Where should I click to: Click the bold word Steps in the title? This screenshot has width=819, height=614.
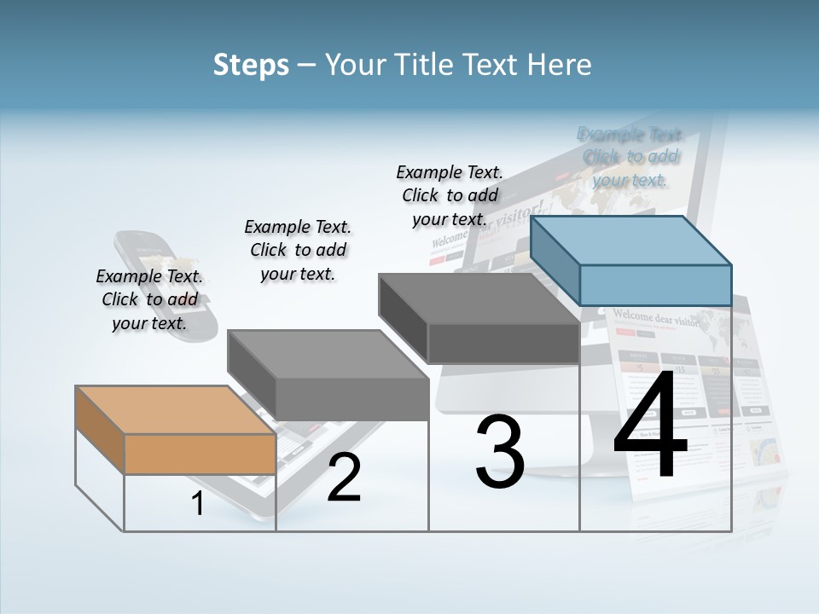(x=251, y=65)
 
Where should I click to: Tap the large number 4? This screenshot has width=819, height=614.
(x=650, y=426)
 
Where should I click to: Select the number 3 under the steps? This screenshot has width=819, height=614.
(x=500, y=452)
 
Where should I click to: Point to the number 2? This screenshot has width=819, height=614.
(x=344, y=478)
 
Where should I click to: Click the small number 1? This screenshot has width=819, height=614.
(x=197, y=504)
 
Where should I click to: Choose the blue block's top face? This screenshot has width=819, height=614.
(x=631, y=240)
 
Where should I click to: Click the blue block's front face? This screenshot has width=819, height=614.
(x=655, y=285)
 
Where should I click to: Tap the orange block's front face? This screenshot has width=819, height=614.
(x=200, y=454)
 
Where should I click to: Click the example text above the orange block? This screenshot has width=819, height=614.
(x=149, y=299)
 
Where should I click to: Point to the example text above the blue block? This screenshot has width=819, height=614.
(x=630, y=157)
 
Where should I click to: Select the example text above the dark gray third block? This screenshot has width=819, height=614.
(x=450, y=195)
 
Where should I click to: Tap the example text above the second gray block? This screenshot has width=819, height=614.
(x=298, y=250)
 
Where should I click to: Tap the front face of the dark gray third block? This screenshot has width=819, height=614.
(x=503, y=344)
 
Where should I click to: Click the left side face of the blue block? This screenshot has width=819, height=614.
(x=555, y=259)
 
